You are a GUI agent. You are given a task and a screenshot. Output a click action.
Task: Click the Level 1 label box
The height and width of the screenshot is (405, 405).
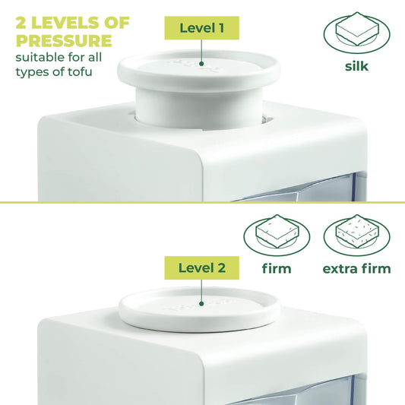coord(201,28)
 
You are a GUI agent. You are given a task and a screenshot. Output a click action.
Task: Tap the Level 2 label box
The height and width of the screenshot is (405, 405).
coord(201,267)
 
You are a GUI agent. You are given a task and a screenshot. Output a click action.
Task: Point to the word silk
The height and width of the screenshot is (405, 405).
coord(356,66)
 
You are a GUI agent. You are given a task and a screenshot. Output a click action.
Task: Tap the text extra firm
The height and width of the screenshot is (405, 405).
coord(356,268)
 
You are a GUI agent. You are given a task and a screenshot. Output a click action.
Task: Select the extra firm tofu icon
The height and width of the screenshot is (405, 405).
coord(356,235)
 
